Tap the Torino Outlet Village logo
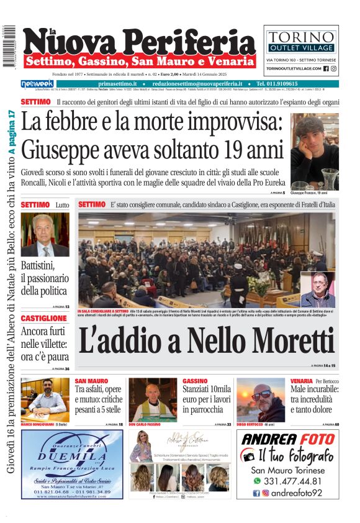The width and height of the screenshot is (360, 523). tap(301, 40)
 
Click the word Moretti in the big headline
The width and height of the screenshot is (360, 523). tap(277, 340)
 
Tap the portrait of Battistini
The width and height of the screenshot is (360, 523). tap(45, 235)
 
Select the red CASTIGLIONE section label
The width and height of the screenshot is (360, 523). tap(43, 318)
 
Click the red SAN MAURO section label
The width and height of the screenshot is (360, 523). tap(91, 381)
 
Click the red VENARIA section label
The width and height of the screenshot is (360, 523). tap(301, 381)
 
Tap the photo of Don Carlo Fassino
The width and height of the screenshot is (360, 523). tap(152, 399)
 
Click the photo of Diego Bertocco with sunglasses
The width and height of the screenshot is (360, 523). tap(260, 399)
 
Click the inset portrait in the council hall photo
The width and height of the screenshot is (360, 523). tap(317, 289)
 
